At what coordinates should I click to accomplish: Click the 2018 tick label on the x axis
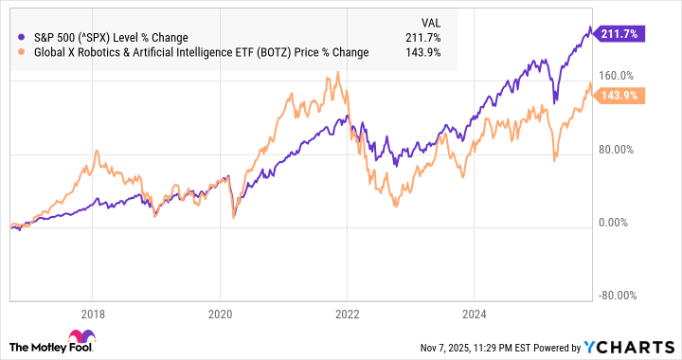[92, 313]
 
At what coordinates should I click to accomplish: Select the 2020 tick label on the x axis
[220, 313]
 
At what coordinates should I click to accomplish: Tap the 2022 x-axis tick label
[349, 313]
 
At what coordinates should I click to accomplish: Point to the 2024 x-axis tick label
[476, 313]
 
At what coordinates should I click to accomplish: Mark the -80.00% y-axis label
[620, 296]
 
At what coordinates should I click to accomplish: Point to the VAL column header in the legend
[429, 21]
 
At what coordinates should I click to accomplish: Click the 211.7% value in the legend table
[422, 37]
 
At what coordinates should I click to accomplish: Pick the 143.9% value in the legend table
[422, 52]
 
